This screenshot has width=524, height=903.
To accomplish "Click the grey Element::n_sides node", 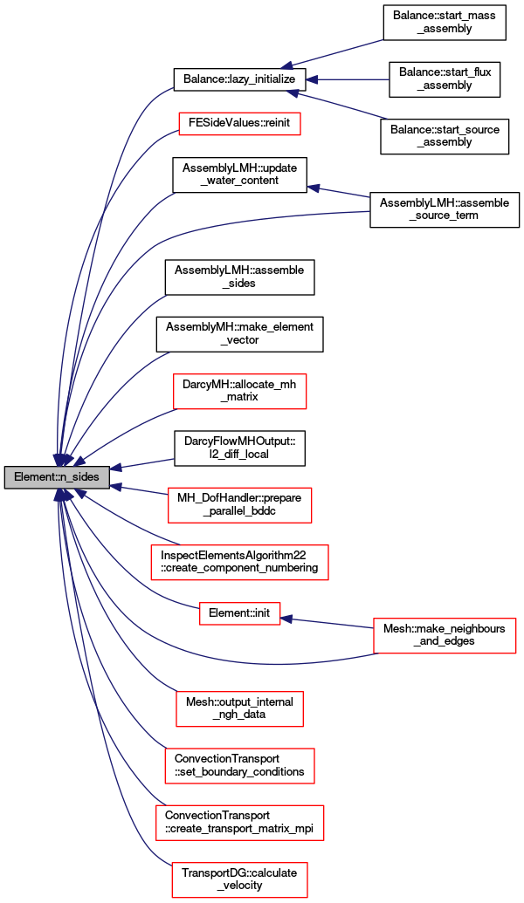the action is click(57, 477).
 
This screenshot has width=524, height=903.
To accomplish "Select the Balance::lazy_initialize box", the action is click(239, 79).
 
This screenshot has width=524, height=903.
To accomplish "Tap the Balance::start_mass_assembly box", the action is click(445, 23).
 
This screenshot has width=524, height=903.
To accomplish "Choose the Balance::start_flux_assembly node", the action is click(445, 79).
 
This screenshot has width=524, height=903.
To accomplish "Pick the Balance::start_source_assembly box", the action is click(445, 136).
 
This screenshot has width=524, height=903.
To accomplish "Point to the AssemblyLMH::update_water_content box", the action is click(239, 174).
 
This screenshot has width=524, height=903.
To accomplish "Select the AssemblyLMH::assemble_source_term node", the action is click(445, 209).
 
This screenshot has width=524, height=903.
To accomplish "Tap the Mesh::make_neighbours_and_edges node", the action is click(445, 635).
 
